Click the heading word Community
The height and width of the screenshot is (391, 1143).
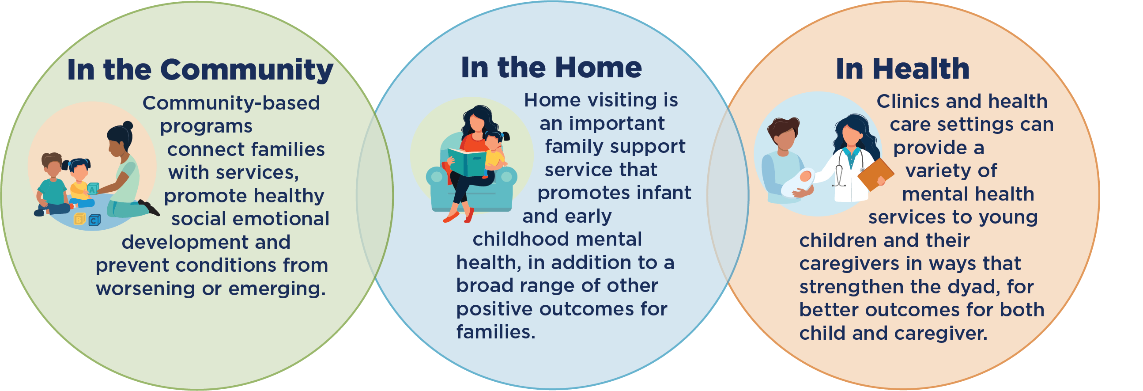pos(247,70)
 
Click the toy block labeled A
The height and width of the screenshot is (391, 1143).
pos(92,189)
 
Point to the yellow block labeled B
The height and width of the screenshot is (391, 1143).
pos(79,219)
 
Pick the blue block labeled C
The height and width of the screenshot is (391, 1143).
pos(94,220)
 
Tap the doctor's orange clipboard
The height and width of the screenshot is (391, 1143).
pos(875,175)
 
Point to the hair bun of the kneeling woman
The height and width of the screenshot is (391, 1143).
pos(128,125)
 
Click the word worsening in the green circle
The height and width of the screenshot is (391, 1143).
pos(146,289)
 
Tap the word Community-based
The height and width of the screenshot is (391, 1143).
pos(231,103)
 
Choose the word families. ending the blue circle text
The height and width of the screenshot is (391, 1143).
pos(496,332)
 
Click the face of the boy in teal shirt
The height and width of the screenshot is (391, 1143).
pos(53,168)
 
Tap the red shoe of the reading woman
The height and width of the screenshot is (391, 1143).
pos(451,216)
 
